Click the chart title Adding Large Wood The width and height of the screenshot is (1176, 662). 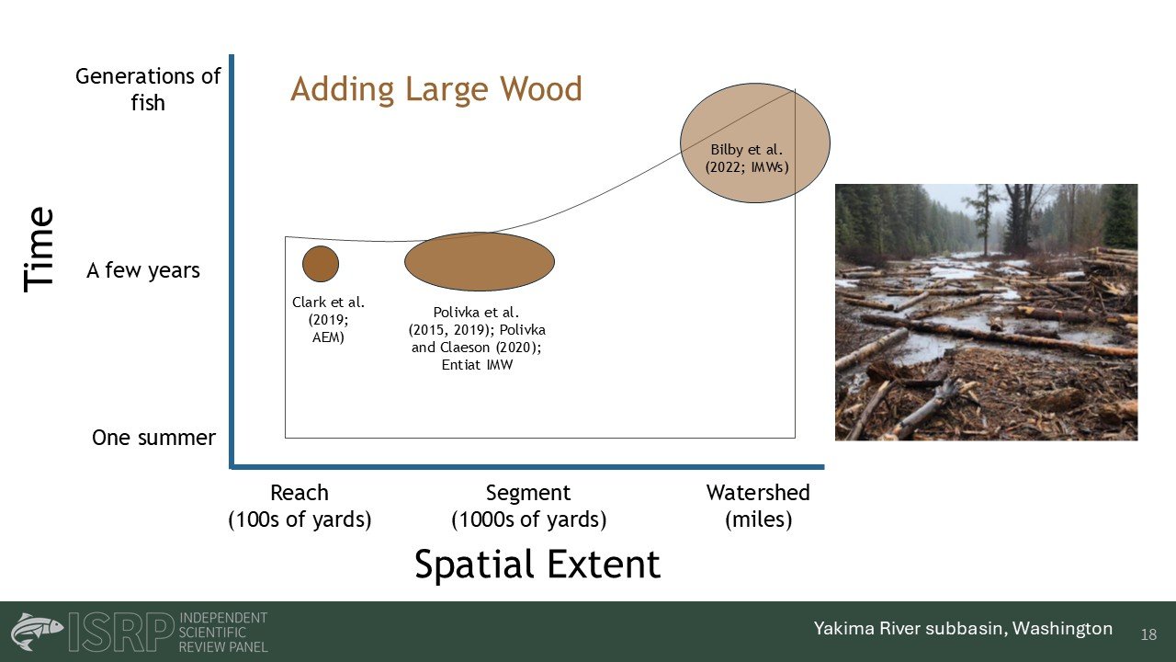(x=436, y=89)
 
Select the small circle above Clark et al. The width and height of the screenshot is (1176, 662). (x=321, y=264)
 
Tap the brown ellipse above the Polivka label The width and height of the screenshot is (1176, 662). (x=480, y=262)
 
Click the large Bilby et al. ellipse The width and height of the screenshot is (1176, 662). (x=755, y=143)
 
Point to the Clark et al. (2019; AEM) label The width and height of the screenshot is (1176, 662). (x=328, y=319)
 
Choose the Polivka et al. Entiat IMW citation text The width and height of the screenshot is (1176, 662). (x=477, y=338)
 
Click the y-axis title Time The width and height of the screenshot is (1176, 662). (x=39, y=249)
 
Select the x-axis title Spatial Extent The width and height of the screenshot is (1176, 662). (x=537, y=565)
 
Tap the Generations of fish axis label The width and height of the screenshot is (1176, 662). (x=148, y=89)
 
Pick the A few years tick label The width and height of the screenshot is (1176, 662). (x=143, y=270)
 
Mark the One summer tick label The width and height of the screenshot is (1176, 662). (x=153, y=438)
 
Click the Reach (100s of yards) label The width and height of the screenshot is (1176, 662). (x=300, y=506)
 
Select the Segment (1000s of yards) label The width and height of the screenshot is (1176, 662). (x=528, y=506)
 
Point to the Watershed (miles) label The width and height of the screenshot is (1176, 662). (x=758, y=506)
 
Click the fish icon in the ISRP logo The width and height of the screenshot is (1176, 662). (x=37, y=631)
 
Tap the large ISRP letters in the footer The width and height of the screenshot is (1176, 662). (x=120, y=632)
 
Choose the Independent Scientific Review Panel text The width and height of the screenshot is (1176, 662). (x=223, y=632)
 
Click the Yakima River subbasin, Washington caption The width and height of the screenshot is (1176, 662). (x=963, y=628)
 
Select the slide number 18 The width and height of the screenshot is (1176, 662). (x=1148, y=634)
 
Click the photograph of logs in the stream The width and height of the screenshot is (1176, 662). (x=987, y=312)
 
